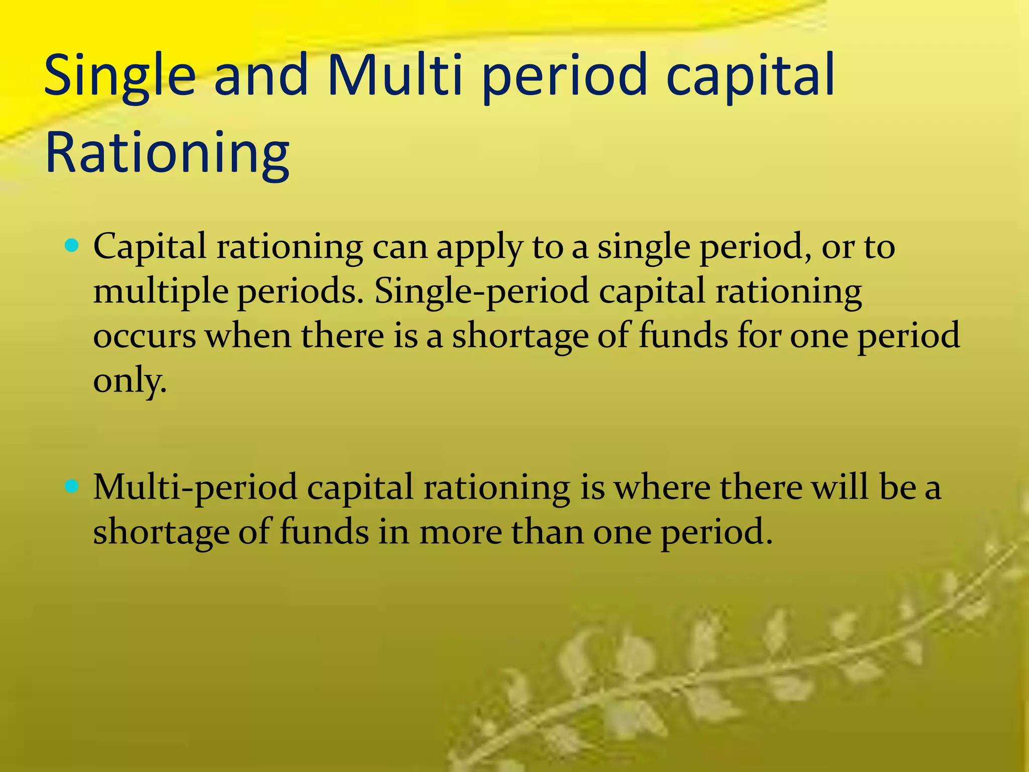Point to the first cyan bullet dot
(x=72, y=246)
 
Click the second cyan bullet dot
(x=72, y=486)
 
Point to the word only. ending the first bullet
(x=129, y=380)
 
